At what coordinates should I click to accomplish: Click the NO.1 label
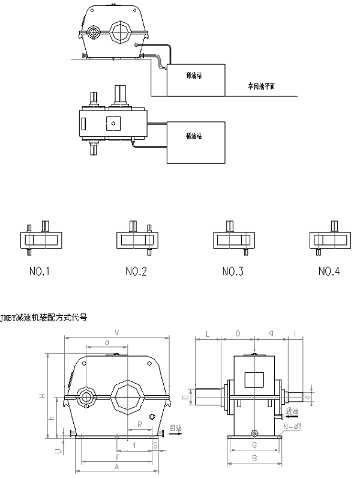pos(39,271)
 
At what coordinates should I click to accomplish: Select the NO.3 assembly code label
pos(232,271)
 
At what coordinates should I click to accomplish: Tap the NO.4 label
pos(329,271)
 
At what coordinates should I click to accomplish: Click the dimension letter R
pos(139,424)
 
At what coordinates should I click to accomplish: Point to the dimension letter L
pos(207,332)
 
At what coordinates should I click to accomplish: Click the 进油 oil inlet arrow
pos(292,414)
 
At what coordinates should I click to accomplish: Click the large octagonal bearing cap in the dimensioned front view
pos(129,395)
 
